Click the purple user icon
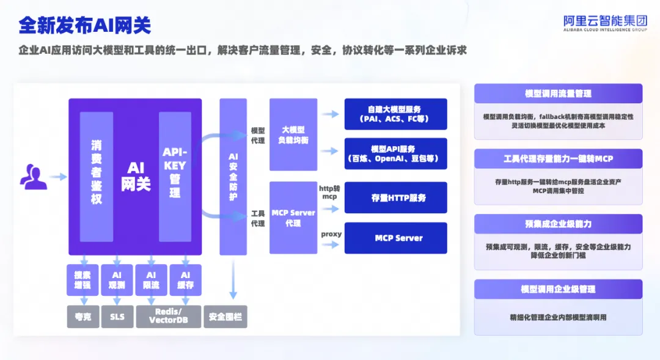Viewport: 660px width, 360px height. click(x=33, y=177)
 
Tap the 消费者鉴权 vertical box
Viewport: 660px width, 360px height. click(x=97, y=177)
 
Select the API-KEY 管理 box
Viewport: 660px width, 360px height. click(x=175, y=177)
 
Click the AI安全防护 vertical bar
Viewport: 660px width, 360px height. click(x=233, y=177)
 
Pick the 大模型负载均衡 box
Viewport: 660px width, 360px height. click(x=293, y=134)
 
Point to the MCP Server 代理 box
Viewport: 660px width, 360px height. click(x=293, y=218)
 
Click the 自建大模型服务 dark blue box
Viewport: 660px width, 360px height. click(x=395, y=114)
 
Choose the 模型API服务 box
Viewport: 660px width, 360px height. click(x=395, y=153)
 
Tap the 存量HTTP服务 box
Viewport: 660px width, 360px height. click(x=395, y=197)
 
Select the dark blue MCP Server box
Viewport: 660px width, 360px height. click(x=395, y=238)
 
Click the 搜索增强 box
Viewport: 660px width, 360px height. click(x=82, y=280)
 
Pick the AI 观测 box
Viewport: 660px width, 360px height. click(x=117, y=280)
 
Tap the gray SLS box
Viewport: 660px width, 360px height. click(x=117, y=317)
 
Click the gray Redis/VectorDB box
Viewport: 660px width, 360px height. click(x=169, y=317)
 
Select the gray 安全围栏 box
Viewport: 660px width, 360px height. click(x=226, y=317)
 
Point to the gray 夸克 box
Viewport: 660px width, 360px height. click(x=83, y=317)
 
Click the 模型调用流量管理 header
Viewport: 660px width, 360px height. click(x=558, y=94)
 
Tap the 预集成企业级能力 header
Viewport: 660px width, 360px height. click(x=558, y=224)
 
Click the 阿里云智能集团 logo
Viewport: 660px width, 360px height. click(x=605, y=23)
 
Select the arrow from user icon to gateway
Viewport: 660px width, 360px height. click(x=58, y=177)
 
